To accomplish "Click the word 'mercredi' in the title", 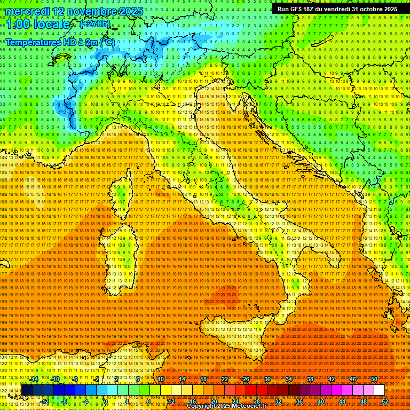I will [x=27, y=11].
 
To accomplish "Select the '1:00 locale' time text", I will [x=38, y=24].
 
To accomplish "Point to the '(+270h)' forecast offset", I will [x=94, y=24].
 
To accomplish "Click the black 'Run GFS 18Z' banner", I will [x=337, y=9].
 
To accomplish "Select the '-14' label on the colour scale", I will [x=34, y=379].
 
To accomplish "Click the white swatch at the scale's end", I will [x=379, y=390].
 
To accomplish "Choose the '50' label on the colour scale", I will [x=374, y=379].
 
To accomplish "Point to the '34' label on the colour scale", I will [x=289, y=379].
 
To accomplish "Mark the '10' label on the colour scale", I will [x=161, y=379].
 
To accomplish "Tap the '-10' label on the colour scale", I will [x=55, y=379].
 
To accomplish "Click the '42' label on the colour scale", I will [x=332, y=379].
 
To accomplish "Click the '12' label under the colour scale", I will [x=171, y=401].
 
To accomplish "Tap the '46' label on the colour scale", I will [x=353, y=379].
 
